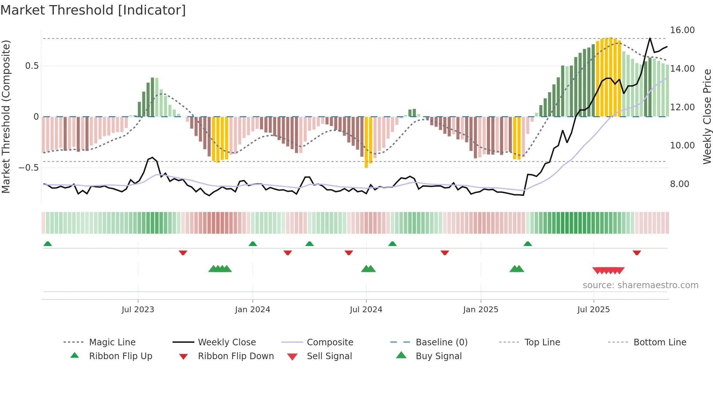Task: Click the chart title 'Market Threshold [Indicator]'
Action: point(93,10)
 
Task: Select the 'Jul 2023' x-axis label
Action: point(138,310)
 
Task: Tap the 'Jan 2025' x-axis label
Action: point(481,310)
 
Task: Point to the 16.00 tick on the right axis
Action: point(682,30)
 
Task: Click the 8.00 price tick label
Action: point(679,184)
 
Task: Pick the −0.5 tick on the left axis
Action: point(28,168)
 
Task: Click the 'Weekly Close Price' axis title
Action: point(707,116)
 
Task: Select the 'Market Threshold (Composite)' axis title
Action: point(6,116)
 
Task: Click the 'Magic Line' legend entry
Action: point(112,342)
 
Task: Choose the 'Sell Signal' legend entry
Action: point(329,356)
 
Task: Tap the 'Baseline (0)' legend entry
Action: point(441,342)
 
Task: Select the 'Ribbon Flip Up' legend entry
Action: point(120,356)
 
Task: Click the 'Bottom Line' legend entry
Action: point(660,342)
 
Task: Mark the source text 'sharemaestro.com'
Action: point(640,285)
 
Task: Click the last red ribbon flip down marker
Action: point(637,253)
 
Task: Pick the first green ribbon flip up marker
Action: point(48,244)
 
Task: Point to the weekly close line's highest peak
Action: point(650,38)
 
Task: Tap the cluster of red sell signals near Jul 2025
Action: point(608,270)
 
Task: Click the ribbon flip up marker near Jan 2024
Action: point(253,244)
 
